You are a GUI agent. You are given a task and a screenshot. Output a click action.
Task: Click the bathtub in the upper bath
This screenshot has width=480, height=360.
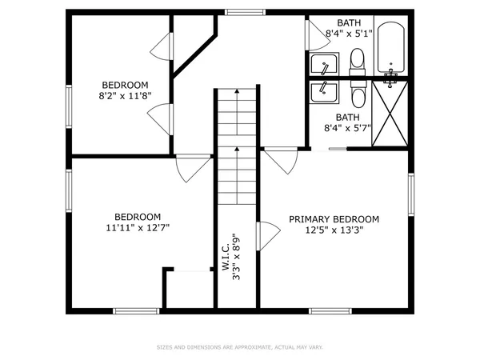[390, 46]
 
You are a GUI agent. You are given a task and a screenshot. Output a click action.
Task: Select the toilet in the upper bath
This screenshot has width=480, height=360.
[357, 58]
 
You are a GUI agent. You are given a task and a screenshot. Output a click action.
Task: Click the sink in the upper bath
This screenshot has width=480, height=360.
[325, 64]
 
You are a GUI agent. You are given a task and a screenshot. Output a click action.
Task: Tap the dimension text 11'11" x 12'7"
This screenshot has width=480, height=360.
[138, 227]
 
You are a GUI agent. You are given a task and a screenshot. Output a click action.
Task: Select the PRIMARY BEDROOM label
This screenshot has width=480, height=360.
[334, 218]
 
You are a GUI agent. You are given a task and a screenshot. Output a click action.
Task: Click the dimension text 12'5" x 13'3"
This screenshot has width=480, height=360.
[334, 230]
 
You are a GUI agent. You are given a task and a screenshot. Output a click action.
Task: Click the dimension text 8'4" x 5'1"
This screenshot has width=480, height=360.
[348, 33]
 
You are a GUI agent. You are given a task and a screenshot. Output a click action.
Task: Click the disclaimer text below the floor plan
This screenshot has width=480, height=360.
[239, 347]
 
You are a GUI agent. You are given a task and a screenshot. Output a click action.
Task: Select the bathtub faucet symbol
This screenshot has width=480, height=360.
[390, 77]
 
